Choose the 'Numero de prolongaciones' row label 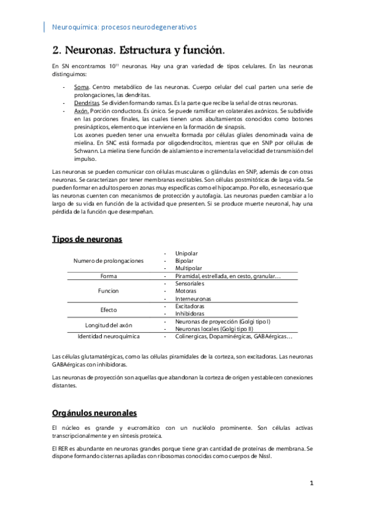click(108, 261)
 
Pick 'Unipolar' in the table click(186, 254)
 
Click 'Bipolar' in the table click(185, 261)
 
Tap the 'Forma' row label click(108, 276)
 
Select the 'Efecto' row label click(108, 310)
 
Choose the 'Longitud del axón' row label click(108, 325)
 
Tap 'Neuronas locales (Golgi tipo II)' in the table click(219, 329)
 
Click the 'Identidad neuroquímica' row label click(108, 336)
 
